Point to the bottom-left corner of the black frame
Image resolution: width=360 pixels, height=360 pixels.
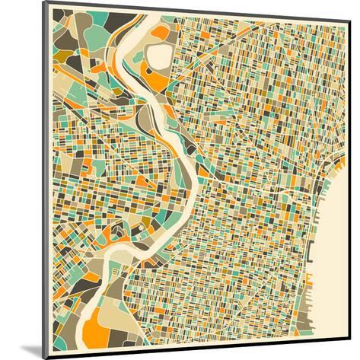pyautogui.click(x=43, y=357)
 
